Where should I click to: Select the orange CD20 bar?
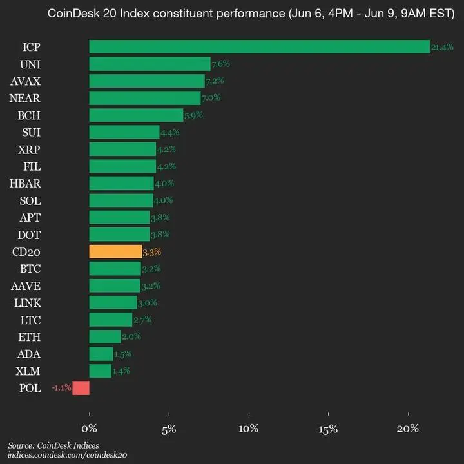coord(115,251)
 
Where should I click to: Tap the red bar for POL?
coord(81,388)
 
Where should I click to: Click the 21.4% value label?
coord(442,47)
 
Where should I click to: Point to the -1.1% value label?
coord(61,388)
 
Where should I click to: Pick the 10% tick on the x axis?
coord(249,429)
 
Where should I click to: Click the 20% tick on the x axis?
coord(408,429)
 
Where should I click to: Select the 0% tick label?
coord(90,429)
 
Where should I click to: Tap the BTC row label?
coord(30,268)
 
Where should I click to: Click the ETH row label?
coord(30,336)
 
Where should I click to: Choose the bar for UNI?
coord(150,64)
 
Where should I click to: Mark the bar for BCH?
coord(136,115)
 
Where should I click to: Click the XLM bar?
coord(100,371)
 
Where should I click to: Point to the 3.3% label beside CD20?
coord(152,251)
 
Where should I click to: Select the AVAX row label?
coord(26,81)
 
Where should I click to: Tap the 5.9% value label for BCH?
coord(194,115)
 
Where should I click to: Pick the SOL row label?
coord(30,200)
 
